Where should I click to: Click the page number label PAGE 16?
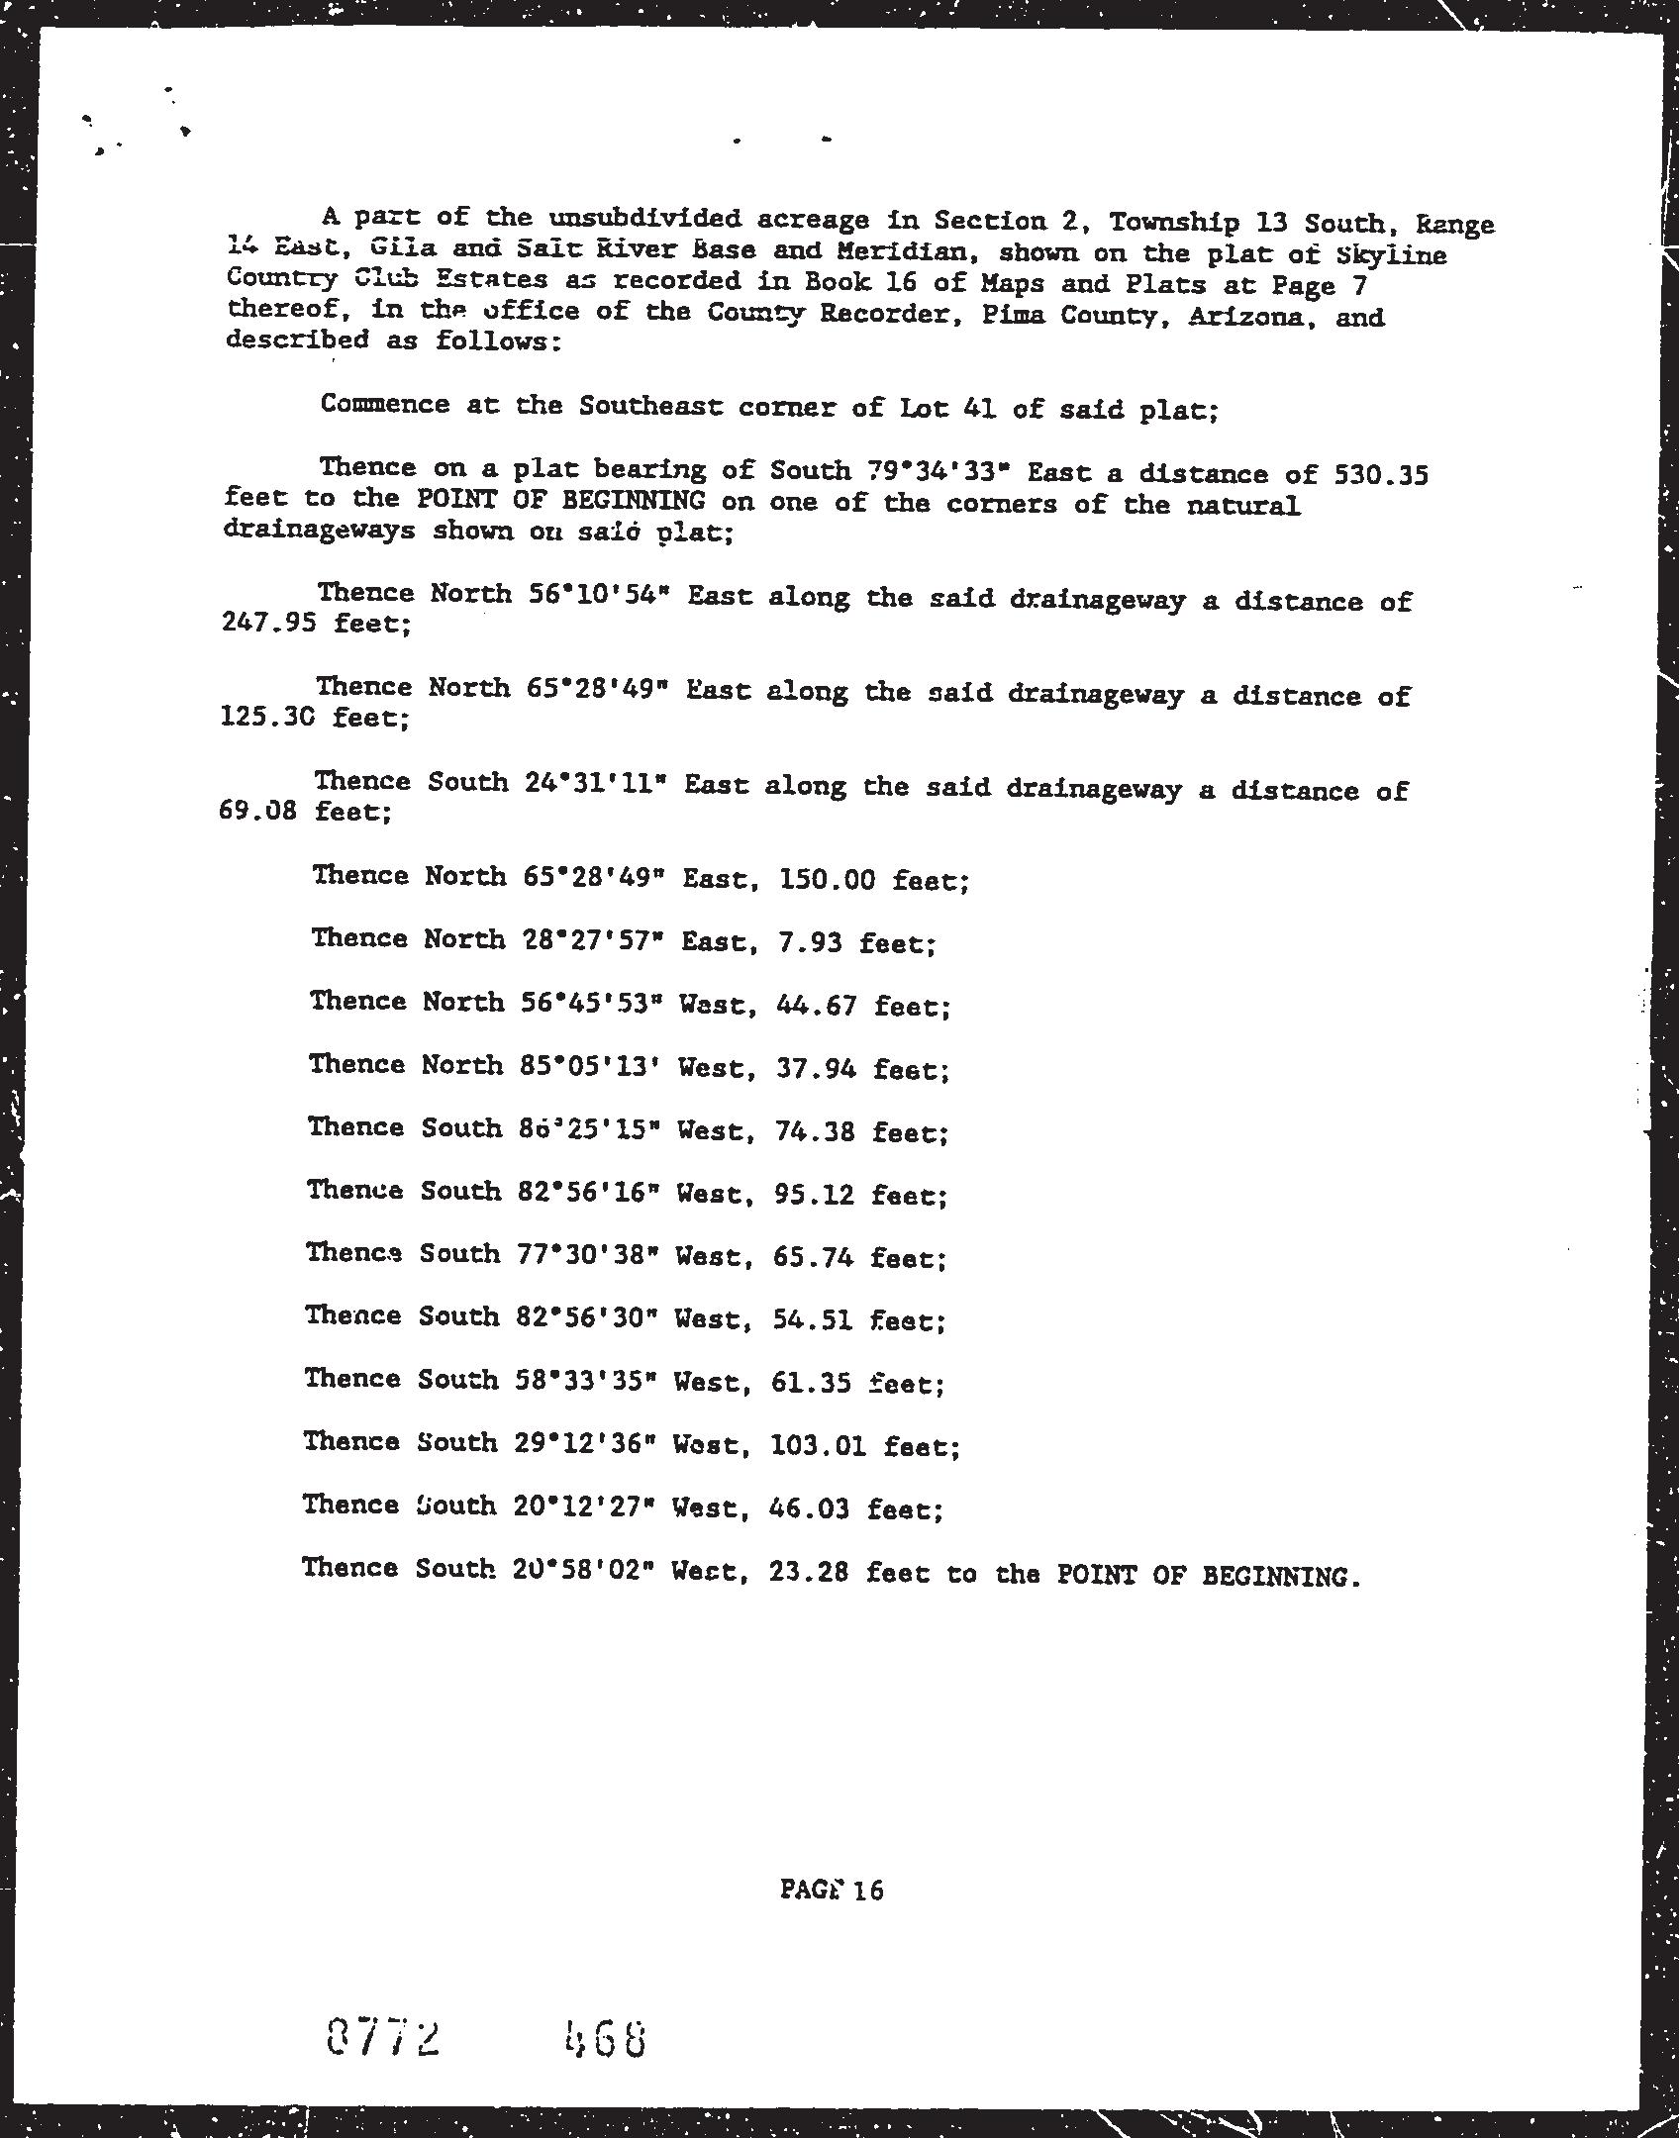[831, 1890]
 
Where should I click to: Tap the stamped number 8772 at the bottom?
[382, 2040]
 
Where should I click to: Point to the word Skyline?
[1391, 254]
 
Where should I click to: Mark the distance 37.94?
[817, 1068]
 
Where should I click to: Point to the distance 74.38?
[815, 1131]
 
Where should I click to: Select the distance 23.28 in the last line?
[808, 1572]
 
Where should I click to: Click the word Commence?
[384, 404]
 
